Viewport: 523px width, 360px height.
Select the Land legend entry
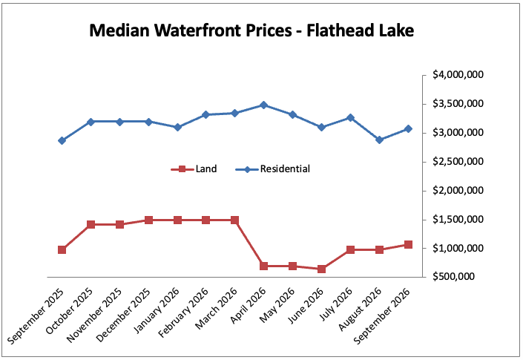point(194,168)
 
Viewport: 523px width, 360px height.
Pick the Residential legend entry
point(272,168)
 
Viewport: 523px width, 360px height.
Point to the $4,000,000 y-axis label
point(458,74)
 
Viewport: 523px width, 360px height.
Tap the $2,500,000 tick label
point(458,162)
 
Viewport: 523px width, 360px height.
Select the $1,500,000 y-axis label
point(458,219)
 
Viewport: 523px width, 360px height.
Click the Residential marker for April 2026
point(263,105)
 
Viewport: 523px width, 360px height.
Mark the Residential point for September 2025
point(62,140)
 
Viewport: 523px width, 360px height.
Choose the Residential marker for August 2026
point(379,140)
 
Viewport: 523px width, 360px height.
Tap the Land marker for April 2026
point(263,266)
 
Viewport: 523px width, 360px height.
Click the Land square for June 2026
point(321,269)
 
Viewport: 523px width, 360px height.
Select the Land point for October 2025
point(91,224)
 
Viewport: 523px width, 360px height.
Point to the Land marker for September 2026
point(408,244)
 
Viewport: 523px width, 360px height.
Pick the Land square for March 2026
point(235,220)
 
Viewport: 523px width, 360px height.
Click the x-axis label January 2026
point(157,310)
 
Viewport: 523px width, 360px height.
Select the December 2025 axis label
point(123,315)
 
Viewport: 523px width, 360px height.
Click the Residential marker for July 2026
point(350,118)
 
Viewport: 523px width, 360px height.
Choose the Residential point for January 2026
point(177,127)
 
